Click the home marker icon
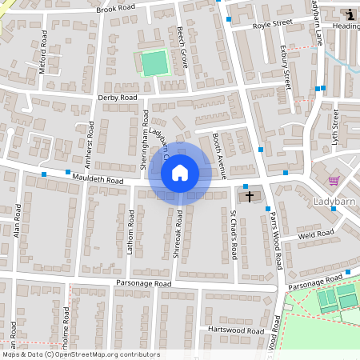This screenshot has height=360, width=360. pyautogui.click(x=180, y=173)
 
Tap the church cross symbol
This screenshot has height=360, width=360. pyautogui.click(x=249, y=196)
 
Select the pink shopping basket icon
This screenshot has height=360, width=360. pyautogui.click(x=334, y=181)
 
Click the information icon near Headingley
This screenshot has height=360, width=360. pyautogui.click(x=350, y=14)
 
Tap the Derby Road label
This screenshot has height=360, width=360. pyautogui.click(x=118, y=98)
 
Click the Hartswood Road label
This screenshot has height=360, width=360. pyautogui.click(x=234, y=330)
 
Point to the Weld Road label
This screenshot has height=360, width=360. pyautogui.click(x=315, y=234)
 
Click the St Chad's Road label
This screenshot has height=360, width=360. pyautogui.click(x=234, y=235)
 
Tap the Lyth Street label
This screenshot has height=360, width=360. pyautogui.click(x=336, y=129)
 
